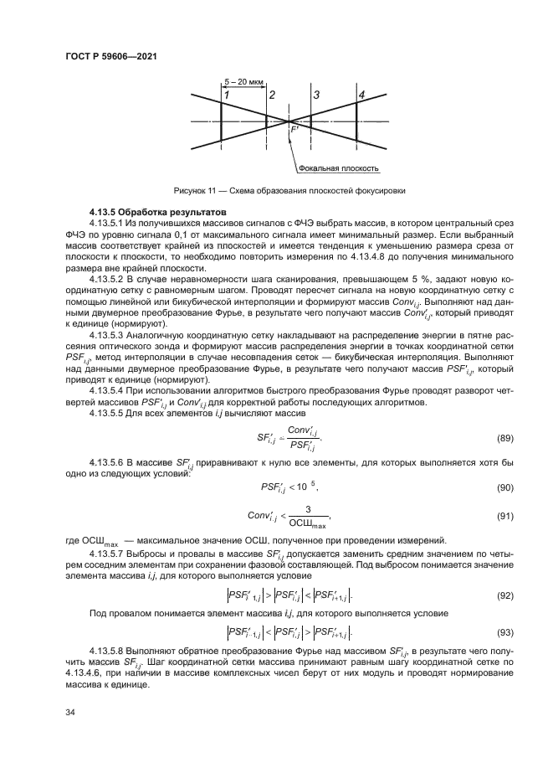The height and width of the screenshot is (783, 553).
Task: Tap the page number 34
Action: (x=70, y=713)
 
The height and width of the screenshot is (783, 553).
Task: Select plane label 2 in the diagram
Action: (x=271, y=95)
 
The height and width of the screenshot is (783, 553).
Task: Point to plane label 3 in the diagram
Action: (x=316, y=95)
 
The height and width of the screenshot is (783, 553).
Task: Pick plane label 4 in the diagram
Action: (x=361, y=95)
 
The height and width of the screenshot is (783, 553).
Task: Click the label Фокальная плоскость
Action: (x=344, y=167)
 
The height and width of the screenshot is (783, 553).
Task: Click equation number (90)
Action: (x=504, y=487)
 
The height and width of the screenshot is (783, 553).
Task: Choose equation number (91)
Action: (x=504, y=515)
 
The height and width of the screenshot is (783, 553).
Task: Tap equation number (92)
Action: (x=504, y=595)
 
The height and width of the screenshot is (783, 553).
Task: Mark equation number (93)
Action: (x=504, y=631)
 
